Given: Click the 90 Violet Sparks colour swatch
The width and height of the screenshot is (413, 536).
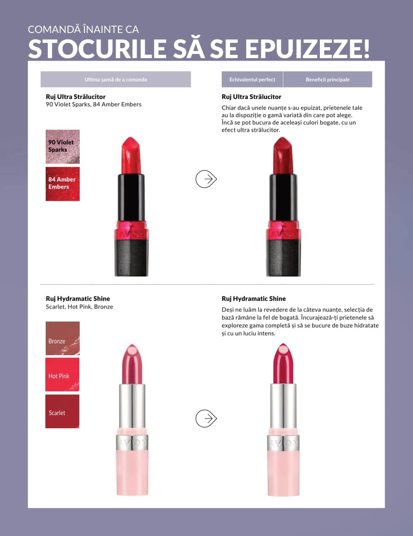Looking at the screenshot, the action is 63,146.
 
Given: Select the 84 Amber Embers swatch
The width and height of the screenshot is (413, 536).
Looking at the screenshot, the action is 63,184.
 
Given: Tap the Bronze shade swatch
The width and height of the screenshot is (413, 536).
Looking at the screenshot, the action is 63,338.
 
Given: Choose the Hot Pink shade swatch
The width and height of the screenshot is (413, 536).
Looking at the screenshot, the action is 62,374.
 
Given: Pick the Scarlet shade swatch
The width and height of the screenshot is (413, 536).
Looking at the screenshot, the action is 62,411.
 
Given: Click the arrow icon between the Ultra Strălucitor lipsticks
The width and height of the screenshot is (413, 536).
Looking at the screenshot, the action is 206,179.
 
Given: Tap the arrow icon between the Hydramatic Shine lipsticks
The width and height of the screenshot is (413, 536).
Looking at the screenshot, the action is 206,418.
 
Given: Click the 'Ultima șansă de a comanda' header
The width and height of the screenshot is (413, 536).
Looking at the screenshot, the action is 116,79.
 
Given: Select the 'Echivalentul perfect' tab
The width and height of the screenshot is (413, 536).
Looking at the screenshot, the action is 252,79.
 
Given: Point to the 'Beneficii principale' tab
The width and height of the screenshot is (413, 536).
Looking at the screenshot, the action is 328,79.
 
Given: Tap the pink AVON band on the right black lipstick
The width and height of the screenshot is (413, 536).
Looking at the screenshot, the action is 283,230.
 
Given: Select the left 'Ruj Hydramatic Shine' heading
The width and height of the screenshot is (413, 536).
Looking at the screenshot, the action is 78,299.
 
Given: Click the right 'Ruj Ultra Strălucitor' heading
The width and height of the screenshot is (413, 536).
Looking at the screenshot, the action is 251,97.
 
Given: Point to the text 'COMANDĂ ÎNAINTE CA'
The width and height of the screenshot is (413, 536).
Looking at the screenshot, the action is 83,29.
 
